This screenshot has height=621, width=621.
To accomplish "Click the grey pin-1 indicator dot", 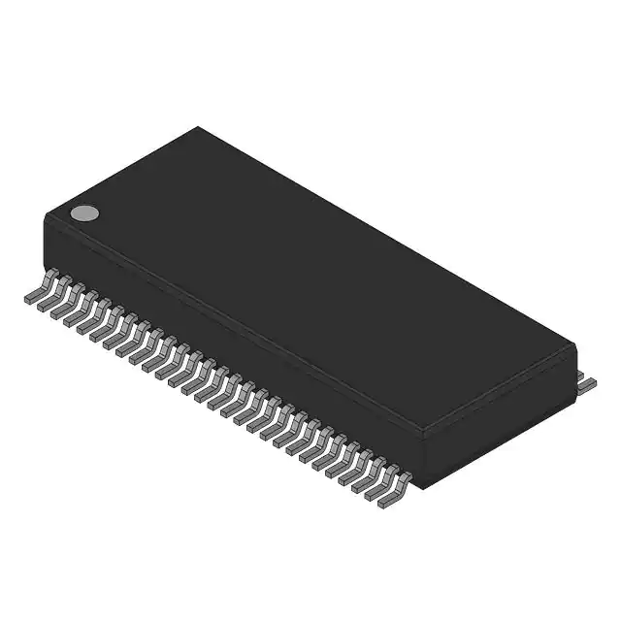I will point(84,212).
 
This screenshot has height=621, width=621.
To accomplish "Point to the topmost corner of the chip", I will point(199,127).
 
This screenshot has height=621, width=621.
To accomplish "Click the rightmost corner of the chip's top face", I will point(575,345).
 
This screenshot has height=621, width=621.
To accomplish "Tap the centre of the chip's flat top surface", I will point(310,281).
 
